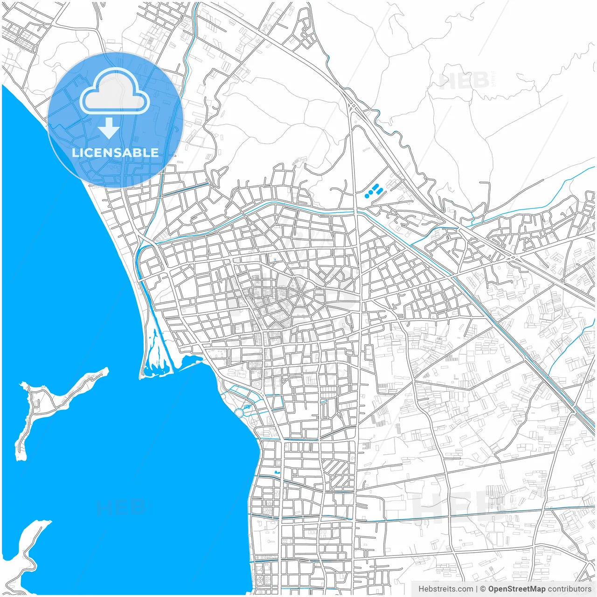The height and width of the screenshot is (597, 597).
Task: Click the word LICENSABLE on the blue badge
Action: click(x=115, y=153)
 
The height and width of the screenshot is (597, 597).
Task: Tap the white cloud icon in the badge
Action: click(x=115, y=92)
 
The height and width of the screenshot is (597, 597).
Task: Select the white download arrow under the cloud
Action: click(x=109, y=128)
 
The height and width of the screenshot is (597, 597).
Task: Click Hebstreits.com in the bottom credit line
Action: click(x=445, y=589)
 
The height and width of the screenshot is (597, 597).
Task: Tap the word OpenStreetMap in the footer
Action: click(x=516, y=589)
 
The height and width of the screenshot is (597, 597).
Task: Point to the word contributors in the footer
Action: click(x=569, y=589)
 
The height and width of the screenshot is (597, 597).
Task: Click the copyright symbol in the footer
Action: click(x=483, y=589)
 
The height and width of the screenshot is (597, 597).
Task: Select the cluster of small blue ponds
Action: click(x=374, y=191)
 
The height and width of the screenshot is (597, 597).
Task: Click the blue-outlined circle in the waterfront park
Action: click(x=239, y=413)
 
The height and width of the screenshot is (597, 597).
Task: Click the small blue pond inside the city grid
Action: click(x=277, y=474)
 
